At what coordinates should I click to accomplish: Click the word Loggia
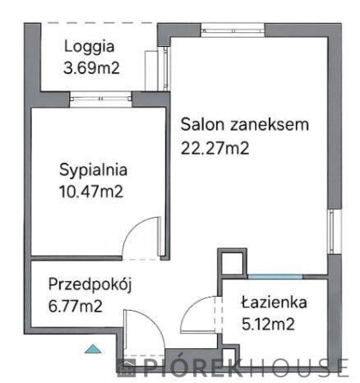[x=90, y=47]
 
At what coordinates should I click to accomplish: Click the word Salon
[x=199, y=126]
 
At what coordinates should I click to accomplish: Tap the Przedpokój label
[x=90, y=284]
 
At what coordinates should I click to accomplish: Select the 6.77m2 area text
[x=76, y=307]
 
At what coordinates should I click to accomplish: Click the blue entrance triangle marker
[x=95, y=350]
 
